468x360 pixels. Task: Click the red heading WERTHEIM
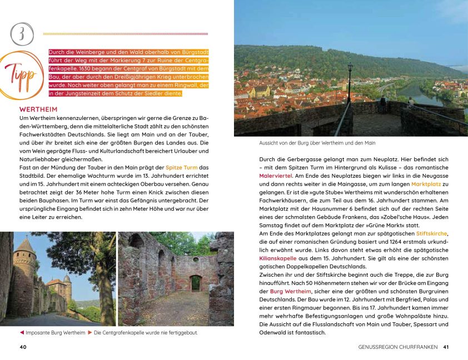38,109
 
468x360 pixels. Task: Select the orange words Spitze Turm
181,167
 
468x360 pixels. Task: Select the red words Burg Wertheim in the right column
291,291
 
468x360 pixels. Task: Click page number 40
23,347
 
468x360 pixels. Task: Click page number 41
445,347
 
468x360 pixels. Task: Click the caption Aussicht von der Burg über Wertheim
317,143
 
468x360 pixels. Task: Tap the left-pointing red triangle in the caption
22,333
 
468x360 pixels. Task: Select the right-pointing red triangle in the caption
90,333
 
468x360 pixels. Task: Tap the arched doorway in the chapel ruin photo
195,283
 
